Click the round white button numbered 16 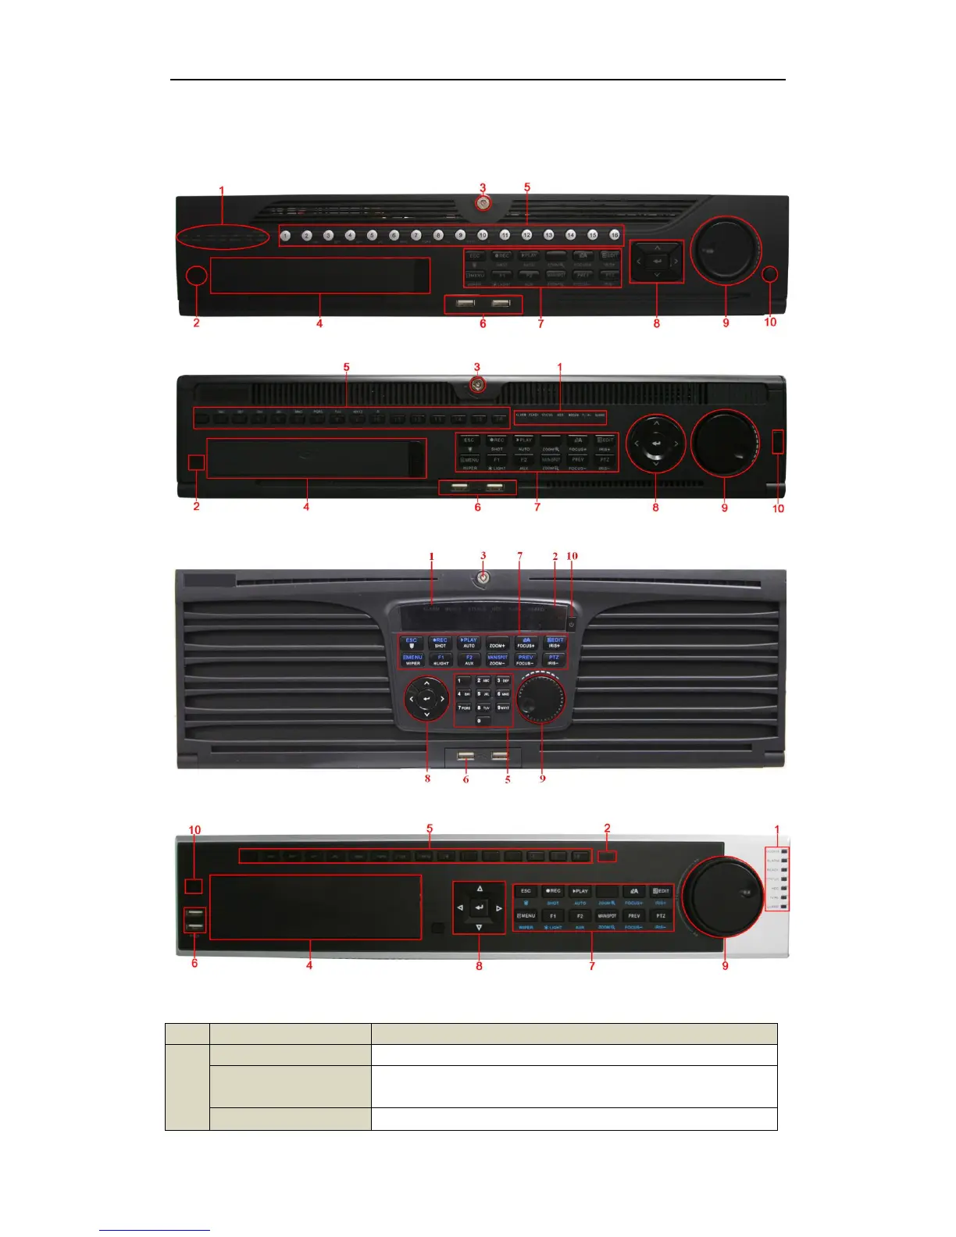(x=615, y=235)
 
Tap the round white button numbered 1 (x=286, y=235)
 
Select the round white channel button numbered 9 (x=460, y=235)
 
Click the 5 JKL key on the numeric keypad (x=483, y=693)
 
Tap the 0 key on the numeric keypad (x=483, y=720)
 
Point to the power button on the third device (x=572, y=625)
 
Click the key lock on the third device (x=484, y=579)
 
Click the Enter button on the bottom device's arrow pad (x=480, y=907)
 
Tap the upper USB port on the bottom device (x=195, y=914)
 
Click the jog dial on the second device (x=725, y=443)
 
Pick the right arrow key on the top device (x=676, y=262)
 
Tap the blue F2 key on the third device (x=469, y=659)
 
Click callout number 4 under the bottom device (x=309, y=966)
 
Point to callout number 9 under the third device (x=542, y=779)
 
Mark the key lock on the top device (x=484, y=205)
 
